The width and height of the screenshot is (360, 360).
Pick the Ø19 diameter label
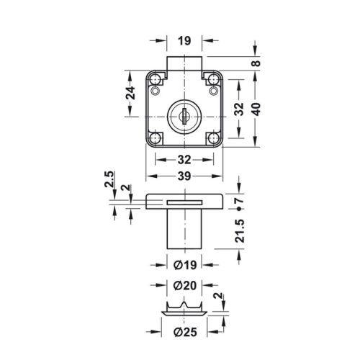(185, 264)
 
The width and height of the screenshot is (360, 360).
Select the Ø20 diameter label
(185, 286)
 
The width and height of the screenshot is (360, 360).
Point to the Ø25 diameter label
(185, 332)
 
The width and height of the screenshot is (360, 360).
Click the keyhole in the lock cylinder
(185, 113)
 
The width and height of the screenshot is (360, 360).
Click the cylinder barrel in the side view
(185, 228)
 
